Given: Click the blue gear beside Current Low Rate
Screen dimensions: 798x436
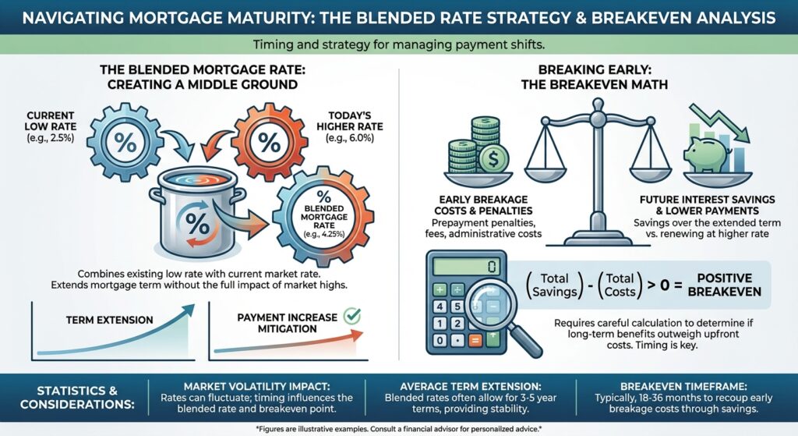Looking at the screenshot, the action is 125,142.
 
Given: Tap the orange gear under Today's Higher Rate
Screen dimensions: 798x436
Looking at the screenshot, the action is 269,142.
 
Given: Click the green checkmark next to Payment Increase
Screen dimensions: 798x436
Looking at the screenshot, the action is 351,316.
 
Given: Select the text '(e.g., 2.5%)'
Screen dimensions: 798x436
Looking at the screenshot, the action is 51,137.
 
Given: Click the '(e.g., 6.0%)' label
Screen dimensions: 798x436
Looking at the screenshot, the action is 350,137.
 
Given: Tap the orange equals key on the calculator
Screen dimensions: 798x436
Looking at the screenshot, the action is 475,340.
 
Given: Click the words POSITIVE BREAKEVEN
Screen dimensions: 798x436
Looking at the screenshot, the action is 724,285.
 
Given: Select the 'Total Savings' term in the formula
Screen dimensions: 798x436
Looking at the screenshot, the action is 554,285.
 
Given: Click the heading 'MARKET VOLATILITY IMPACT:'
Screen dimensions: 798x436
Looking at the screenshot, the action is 256,387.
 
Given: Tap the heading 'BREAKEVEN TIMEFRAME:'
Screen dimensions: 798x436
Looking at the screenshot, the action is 683,387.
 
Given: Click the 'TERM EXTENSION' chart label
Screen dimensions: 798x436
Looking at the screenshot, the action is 109,320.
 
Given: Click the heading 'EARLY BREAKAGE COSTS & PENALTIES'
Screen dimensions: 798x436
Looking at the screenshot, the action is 483,205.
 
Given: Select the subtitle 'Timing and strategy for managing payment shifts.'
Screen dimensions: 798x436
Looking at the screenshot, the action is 399,44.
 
